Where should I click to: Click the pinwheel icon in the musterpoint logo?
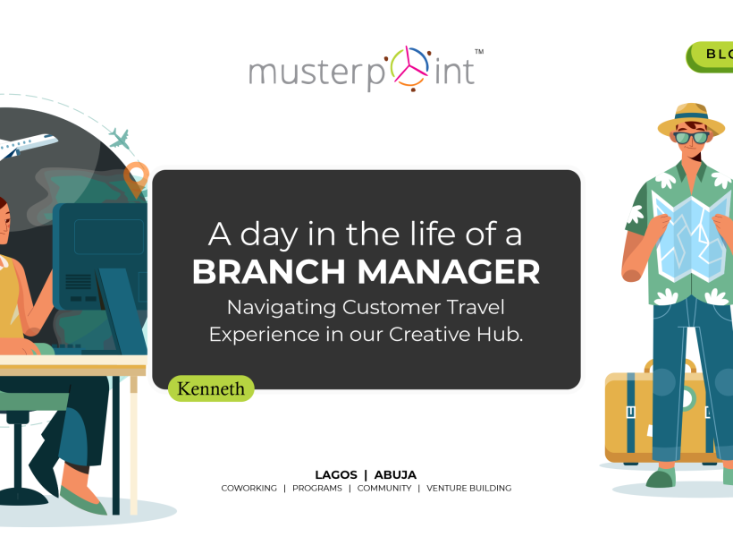(x=409, y=68)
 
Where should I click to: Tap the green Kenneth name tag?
(x=211, y=388)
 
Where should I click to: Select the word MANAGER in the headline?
(x=449, y=272)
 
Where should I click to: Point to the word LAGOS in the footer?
(x=336, y=475)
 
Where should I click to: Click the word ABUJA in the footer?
(x=395, y=475)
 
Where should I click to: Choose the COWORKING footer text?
(x=249, y=489)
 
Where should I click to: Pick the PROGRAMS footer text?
(x=317, y=489)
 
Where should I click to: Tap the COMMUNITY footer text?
(x=384, y=489)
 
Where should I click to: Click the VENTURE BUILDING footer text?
(x=469, y=489)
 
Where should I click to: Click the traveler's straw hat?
(x=691, y=119)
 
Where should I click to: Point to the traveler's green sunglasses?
(x=691, y=138)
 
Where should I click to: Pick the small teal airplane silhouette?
(x=119, y=139)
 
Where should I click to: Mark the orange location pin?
(x=136, y=179)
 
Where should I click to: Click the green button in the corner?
(x=710, y=56)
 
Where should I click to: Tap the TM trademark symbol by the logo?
(x=479, y=52)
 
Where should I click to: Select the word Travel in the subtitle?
(x=476, y=308)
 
